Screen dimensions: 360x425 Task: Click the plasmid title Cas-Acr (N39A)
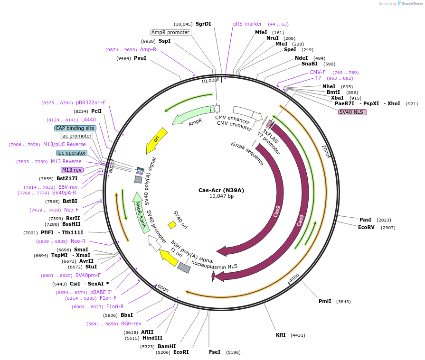tap(221, 190)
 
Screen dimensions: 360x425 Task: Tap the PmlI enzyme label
tap(325, 301)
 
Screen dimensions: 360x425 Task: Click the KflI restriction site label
tap(281, 335)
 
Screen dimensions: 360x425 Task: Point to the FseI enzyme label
tap(215, 352)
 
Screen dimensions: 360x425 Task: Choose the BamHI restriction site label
tap(167, 346)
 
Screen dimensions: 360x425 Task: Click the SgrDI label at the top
tap(203, 24)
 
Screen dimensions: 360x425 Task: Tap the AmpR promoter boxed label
tap(170, 32)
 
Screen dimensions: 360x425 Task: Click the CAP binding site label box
tap(75, 128)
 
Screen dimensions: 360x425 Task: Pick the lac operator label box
tap(71, 153)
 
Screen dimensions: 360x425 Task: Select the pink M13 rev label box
tap(72, 170)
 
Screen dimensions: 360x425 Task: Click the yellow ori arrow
tap(157, 140)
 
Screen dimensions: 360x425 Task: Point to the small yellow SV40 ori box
tap(172, 225)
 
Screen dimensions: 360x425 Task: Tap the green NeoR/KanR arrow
tap(140, 212)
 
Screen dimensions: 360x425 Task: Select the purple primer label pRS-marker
tap(247, 24)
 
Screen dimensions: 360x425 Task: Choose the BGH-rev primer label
tap(131, 323)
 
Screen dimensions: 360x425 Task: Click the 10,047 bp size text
tap(221, 196)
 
